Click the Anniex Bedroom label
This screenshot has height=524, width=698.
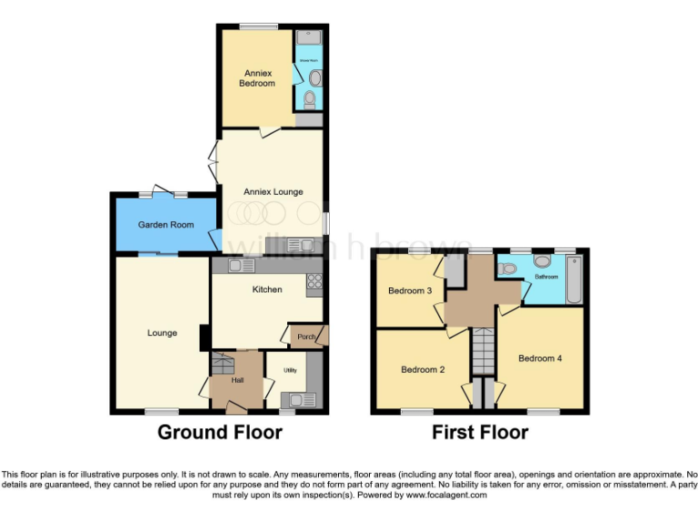(x=256, y=77)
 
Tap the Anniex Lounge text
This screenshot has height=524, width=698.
(x=273, y=192)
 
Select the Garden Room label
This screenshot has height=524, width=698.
(x=165, y=225)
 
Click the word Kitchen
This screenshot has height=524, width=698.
(x=266, y=290)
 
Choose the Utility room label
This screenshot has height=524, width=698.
(x=290, y=371)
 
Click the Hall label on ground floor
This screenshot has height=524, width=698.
(x=237, y=380)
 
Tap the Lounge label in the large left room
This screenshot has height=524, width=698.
(x=162, y=333)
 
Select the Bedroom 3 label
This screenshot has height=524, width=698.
(x=409, y=291)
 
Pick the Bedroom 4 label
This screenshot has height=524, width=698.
(x=540, y=358)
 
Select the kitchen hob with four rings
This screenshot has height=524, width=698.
(x=314, y=281)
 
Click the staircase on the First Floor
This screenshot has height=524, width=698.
(x=483, y=350)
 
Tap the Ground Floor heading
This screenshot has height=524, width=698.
(x=220, y=432)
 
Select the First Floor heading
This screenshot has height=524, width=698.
(x=479, y=432)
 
